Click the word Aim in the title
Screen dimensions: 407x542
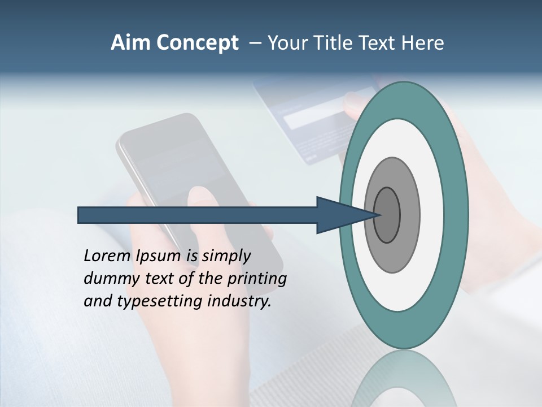point(130,43)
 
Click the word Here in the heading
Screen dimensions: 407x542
point(423,43)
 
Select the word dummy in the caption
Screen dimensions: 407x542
point(107,279)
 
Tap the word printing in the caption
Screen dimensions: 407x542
point(257,279)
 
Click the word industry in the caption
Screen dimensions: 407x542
point(239,301)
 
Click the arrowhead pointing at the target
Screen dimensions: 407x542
point(342,215)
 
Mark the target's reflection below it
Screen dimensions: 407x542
point(404,379)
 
